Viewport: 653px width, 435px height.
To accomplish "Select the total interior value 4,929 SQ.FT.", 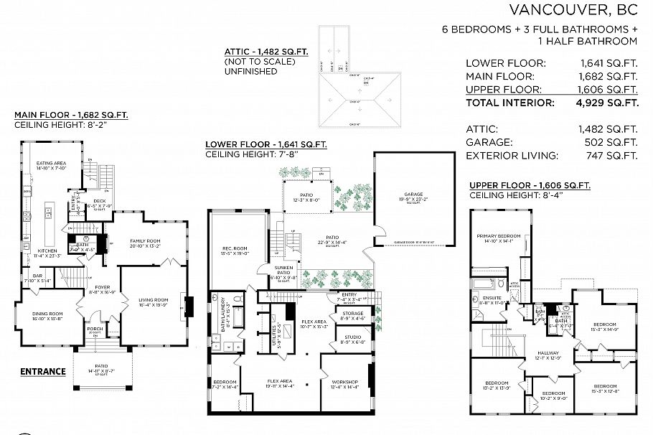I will click(609, 103).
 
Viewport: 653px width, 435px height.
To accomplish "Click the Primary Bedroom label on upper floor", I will click(499, 236).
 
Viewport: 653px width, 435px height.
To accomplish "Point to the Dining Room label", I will click(47, 314).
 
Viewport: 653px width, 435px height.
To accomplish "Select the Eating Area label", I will click(51, 164).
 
